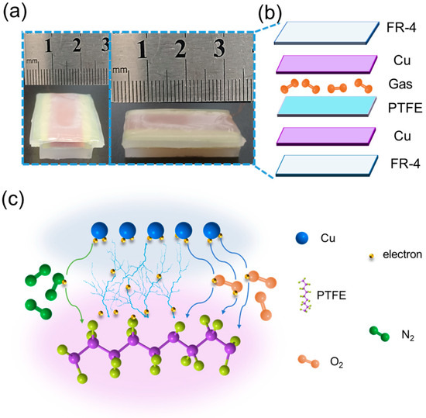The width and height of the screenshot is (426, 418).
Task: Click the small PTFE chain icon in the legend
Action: (304, 298)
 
